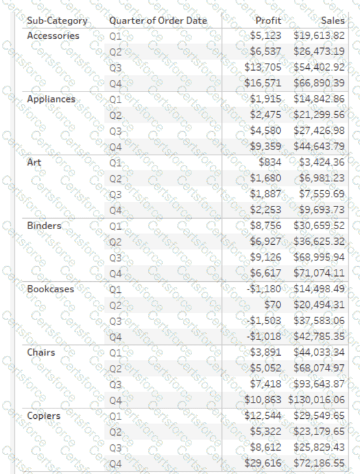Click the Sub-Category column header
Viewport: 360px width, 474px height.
point(57,20)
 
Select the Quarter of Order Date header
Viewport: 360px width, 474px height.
point(158,20)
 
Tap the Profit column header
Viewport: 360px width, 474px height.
point(269,20)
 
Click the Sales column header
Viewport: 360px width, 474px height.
point(331,20)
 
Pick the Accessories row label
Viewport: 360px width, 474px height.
point(53,36)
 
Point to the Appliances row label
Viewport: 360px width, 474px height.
point(51,99)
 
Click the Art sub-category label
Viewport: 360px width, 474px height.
point(34,162)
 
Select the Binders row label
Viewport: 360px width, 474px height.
point(44,226)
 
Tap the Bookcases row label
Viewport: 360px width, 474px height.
point(51,289)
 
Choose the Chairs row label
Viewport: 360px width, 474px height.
point(41,353)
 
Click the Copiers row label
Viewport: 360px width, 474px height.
point(43,416)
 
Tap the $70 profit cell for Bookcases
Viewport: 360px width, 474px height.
point(273,305)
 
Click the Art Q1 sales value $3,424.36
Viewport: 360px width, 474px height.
point(322,162)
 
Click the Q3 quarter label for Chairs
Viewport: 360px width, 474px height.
point(116,384)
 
